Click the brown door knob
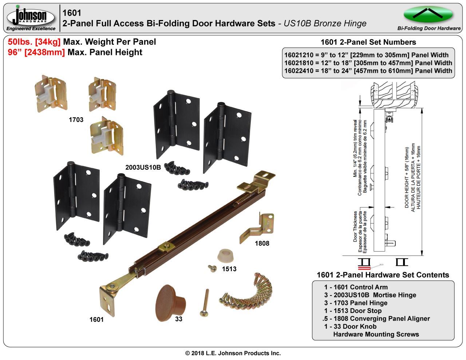click(170, 303)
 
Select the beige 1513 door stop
click(225, 256)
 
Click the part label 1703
click(76, 120)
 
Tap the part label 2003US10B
click(143, 167)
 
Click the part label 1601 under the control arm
click(96, 320)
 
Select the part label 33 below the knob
click(178, 319)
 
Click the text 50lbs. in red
click(20, 42)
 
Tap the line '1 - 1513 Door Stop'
click(353, 311)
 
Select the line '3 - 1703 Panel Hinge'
click(356, 303)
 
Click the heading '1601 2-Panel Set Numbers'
click(368, 42)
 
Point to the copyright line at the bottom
click(233, 353)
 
